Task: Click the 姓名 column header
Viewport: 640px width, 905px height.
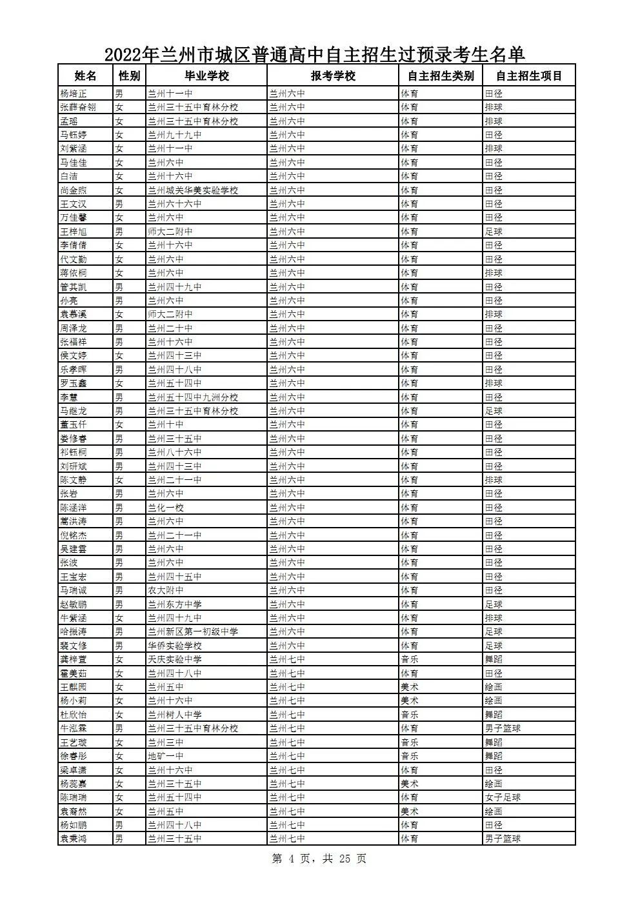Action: [x=85, y=76]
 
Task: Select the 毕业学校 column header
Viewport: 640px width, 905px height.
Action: [x=206, y=76]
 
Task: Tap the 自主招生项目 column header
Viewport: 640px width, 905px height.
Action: [x=529, y=76]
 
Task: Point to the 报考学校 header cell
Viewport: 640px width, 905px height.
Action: [x=333, y=76]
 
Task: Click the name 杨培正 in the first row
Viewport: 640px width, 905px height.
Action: [x=74, y=94]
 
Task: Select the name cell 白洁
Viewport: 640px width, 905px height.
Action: [x=69, y=176]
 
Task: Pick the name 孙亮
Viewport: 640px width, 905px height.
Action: [x=69, y=301]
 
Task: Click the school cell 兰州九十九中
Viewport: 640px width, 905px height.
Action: [x=175, y=135]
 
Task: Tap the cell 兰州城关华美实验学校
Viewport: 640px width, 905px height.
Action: [x=193, y=190]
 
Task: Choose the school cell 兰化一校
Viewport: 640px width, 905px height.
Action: [x=166, y=508]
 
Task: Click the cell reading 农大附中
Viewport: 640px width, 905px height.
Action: [x=166, y=590]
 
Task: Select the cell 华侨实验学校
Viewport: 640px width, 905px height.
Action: [x=175, y=646]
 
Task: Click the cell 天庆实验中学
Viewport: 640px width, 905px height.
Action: [x=175, y=659]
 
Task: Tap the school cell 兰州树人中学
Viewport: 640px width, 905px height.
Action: [x=175, y=715]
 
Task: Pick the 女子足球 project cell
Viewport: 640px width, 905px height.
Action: [x=503, y=797]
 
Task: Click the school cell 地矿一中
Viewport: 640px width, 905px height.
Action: [x=166, y=756]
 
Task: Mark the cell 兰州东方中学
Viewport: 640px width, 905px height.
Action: [x=175, y=604]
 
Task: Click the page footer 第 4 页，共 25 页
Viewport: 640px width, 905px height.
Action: [x=319, y=859]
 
